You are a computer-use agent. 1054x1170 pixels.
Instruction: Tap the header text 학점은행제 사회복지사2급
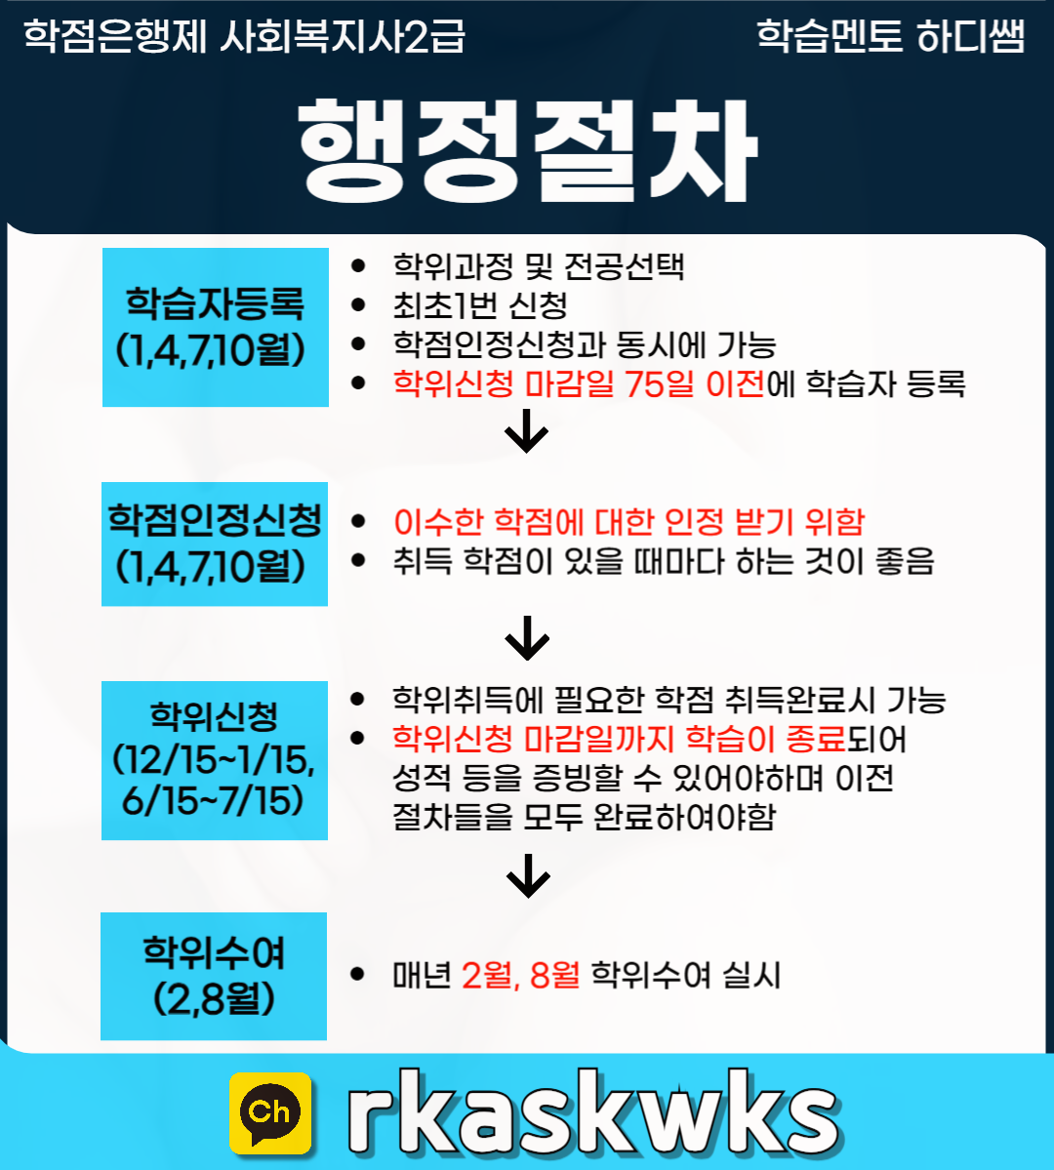click(244, 37)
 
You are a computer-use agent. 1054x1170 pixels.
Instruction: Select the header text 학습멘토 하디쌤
click(890, 37)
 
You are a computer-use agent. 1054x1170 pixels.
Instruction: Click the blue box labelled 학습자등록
click(216, 327)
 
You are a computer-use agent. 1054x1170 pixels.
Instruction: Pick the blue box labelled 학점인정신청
click(215, 544)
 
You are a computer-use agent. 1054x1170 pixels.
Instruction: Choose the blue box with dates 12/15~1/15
click(215, 760)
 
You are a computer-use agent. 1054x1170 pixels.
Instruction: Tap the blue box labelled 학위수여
click(214, 976)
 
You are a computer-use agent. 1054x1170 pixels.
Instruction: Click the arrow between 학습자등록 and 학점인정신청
click(527, 432)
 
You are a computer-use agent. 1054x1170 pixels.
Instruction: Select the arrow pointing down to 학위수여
click(528, 875)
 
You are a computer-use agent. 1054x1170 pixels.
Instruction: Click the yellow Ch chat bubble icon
click(270, 1112)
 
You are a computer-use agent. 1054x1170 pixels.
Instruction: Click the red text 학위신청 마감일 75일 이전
click(578, 383)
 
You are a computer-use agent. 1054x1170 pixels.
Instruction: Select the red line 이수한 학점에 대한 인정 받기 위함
click(628, 522)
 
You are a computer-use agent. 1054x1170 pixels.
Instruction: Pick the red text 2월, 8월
click(520, 975)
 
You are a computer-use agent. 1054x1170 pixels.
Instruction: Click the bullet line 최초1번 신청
click(479, 305)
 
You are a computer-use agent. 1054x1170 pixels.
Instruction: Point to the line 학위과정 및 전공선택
click(538, 266)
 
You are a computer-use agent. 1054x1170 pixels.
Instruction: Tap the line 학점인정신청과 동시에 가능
click(584, 344)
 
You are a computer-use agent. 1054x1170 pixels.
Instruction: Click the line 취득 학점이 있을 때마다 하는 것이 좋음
click(663, 561)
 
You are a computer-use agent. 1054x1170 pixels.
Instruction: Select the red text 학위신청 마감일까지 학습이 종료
click(618, 739)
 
